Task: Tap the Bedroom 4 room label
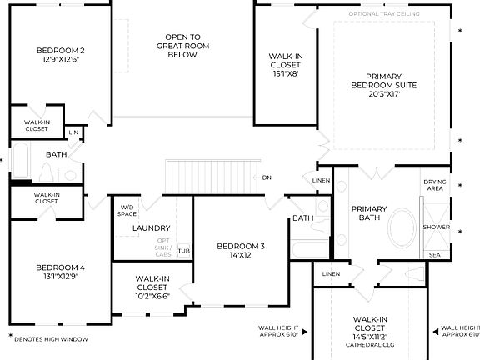click(60, 267)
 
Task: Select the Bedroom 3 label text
click(240, 246)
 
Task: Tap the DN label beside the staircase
click(267, 177)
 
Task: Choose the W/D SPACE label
click(127, 211)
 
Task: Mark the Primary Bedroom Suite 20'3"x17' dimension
click(384, 94)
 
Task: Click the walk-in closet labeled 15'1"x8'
click(285, 72)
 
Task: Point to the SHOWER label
click(436, 227)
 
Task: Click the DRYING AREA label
click(435, 184)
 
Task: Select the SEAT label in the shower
click(435, 255)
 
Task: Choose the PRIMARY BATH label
click(367, 213)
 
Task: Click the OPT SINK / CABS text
click(163, 247)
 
